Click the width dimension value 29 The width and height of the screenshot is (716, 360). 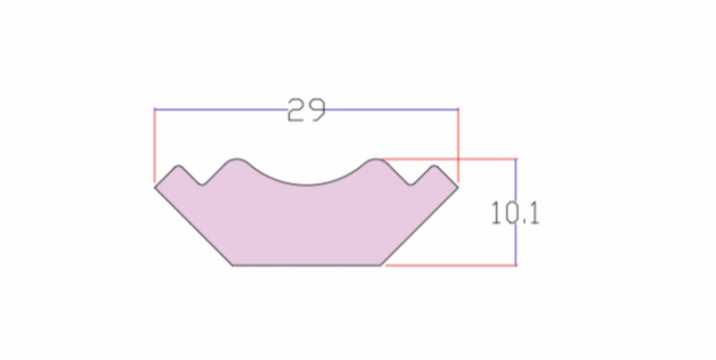(x=306, y=110)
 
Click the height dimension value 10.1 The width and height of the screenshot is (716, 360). (x=516, y=213)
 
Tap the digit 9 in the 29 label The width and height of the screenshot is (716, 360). (x=317, y=110)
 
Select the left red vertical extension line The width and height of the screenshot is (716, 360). (x=155, y=146)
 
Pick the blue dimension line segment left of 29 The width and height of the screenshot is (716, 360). (x=221, y=110)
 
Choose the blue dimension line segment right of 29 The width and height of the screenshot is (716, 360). (x=392, y=110)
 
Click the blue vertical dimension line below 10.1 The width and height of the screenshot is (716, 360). (x=516, y=244)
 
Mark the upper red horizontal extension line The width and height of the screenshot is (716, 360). (x=448, y=159)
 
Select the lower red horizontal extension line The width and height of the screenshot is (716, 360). (x=452, y=265)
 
